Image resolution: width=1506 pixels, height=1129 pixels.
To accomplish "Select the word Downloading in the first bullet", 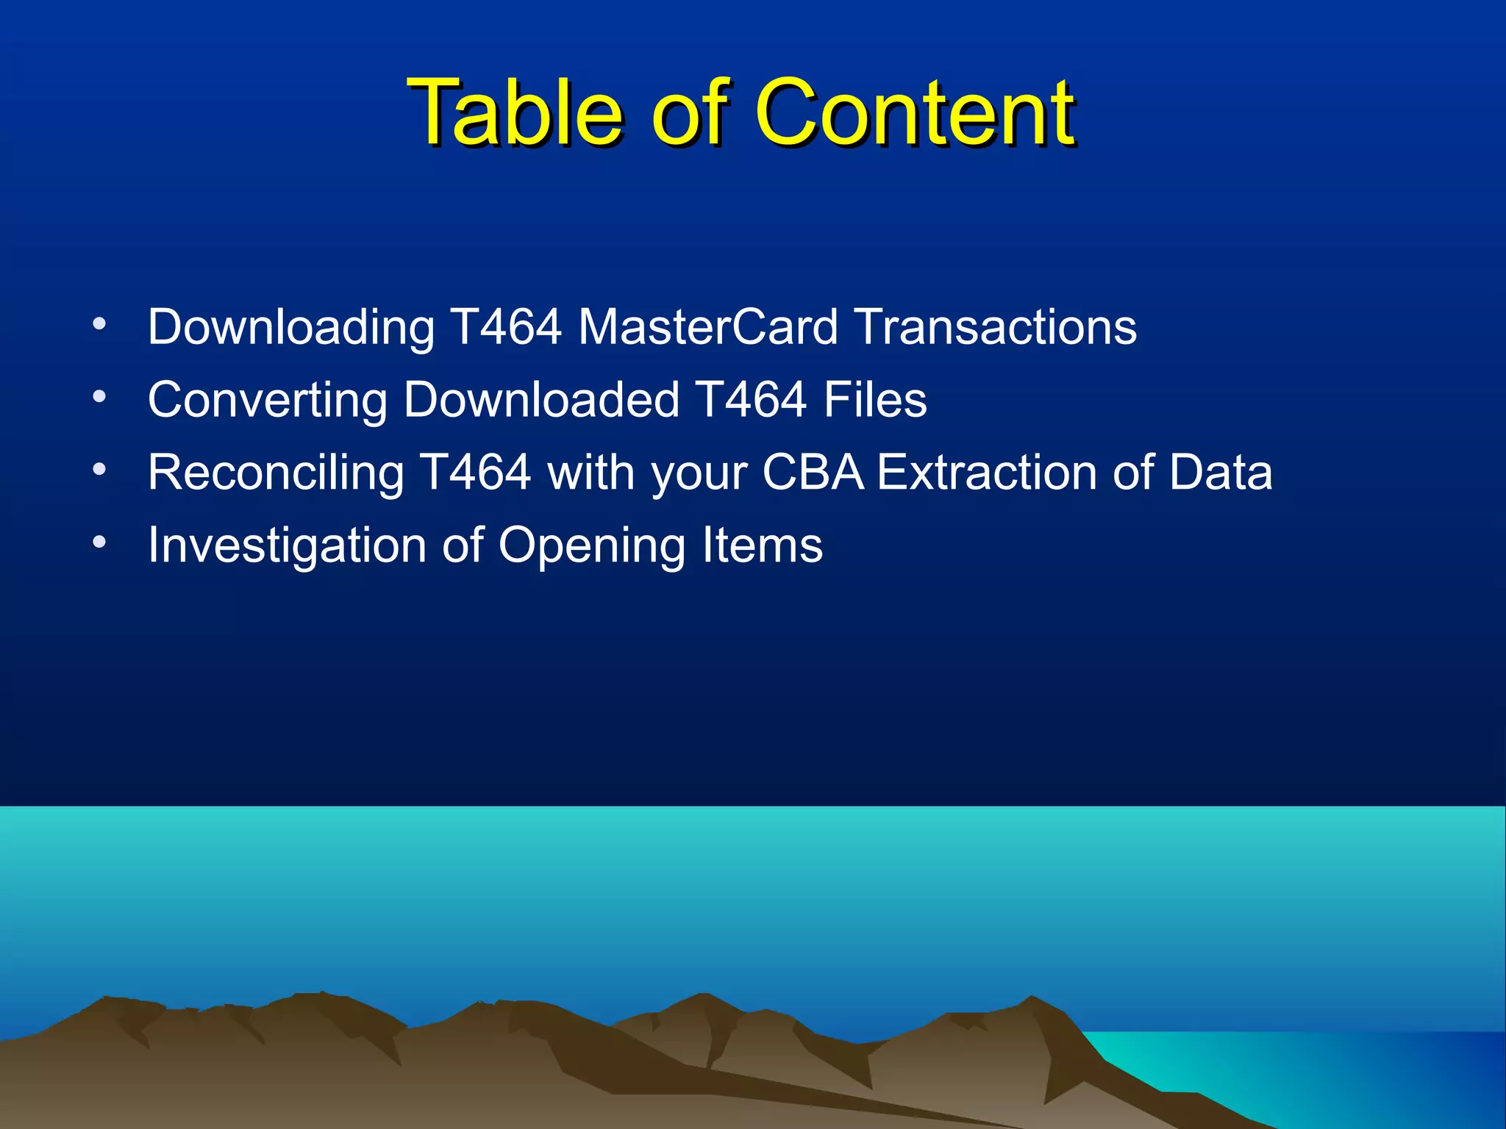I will point(291,327).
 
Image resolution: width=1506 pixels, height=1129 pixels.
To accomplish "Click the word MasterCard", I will point(707,326).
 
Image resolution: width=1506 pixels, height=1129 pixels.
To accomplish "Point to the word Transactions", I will point(996,326).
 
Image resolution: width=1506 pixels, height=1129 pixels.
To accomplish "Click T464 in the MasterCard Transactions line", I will point(507,326).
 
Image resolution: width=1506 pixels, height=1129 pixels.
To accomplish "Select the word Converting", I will point(267,400).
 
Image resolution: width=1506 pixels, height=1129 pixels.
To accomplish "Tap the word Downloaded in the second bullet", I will point(541,400).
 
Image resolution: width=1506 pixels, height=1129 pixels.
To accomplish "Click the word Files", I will point(875,400).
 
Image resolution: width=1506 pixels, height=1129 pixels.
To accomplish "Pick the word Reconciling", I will point(276,473).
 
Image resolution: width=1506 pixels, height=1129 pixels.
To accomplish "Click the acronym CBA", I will point(813,472).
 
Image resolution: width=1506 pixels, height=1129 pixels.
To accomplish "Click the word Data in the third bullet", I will point(1221,472).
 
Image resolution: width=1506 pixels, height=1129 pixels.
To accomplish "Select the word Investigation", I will point(287,546).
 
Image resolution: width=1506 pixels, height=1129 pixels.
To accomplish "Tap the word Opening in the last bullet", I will point(591,546).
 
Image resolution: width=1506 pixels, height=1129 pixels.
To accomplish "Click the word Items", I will point(762,545).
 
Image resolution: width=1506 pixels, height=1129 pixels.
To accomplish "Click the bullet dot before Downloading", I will point(99,323).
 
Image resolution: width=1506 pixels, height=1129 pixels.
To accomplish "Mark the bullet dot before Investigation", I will point(99,542).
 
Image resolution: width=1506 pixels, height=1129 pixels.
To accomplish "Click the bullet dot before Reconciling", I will point(99,469).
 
